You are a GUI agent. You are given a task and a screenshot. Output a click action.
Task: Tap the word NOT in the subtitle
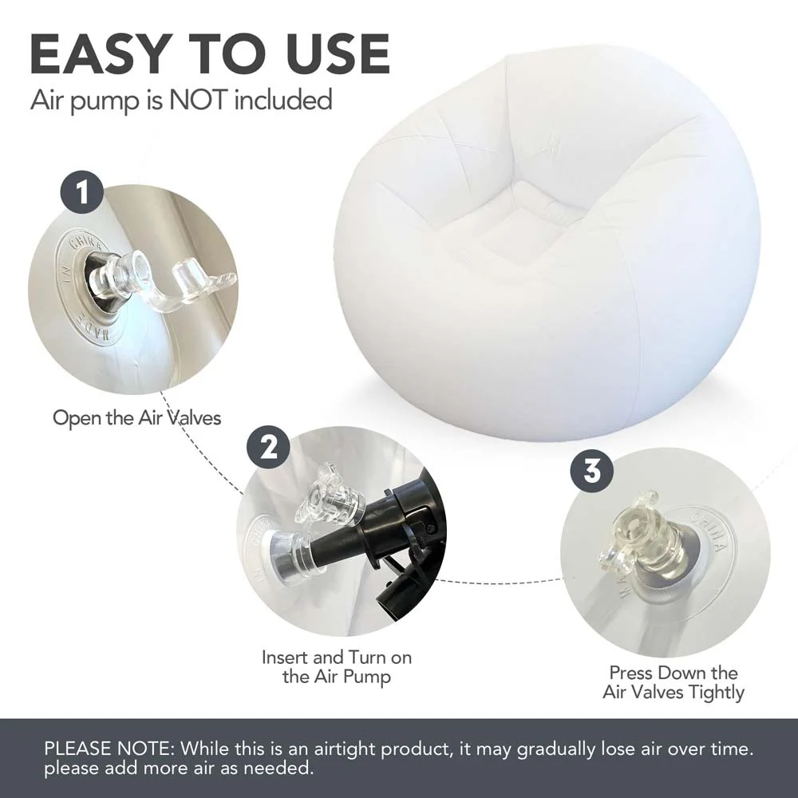(x=197, y=99)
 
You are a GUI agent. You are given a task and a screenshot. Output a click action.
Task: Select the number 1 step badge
(x=82, y=192)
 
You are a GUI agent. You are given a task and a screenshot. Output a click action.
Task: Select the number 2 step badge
(x=268, y=448)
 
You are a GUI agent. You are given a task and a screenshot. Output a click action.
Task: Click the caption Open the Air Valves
(x=137, y=418)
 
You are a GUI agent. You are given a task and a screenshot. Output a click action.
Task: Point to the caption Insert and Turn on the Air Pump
(x=337, y=666)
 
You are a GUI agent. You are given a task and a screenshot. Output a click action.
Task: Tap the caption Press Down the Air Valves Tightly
(x=674, y=682)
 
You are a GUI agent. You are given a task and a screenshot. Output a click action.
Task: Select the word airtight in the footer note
(x=343, y=749)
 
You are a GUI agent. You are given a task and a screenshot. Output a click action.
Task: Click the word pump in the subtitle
(x=104, y=101)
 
